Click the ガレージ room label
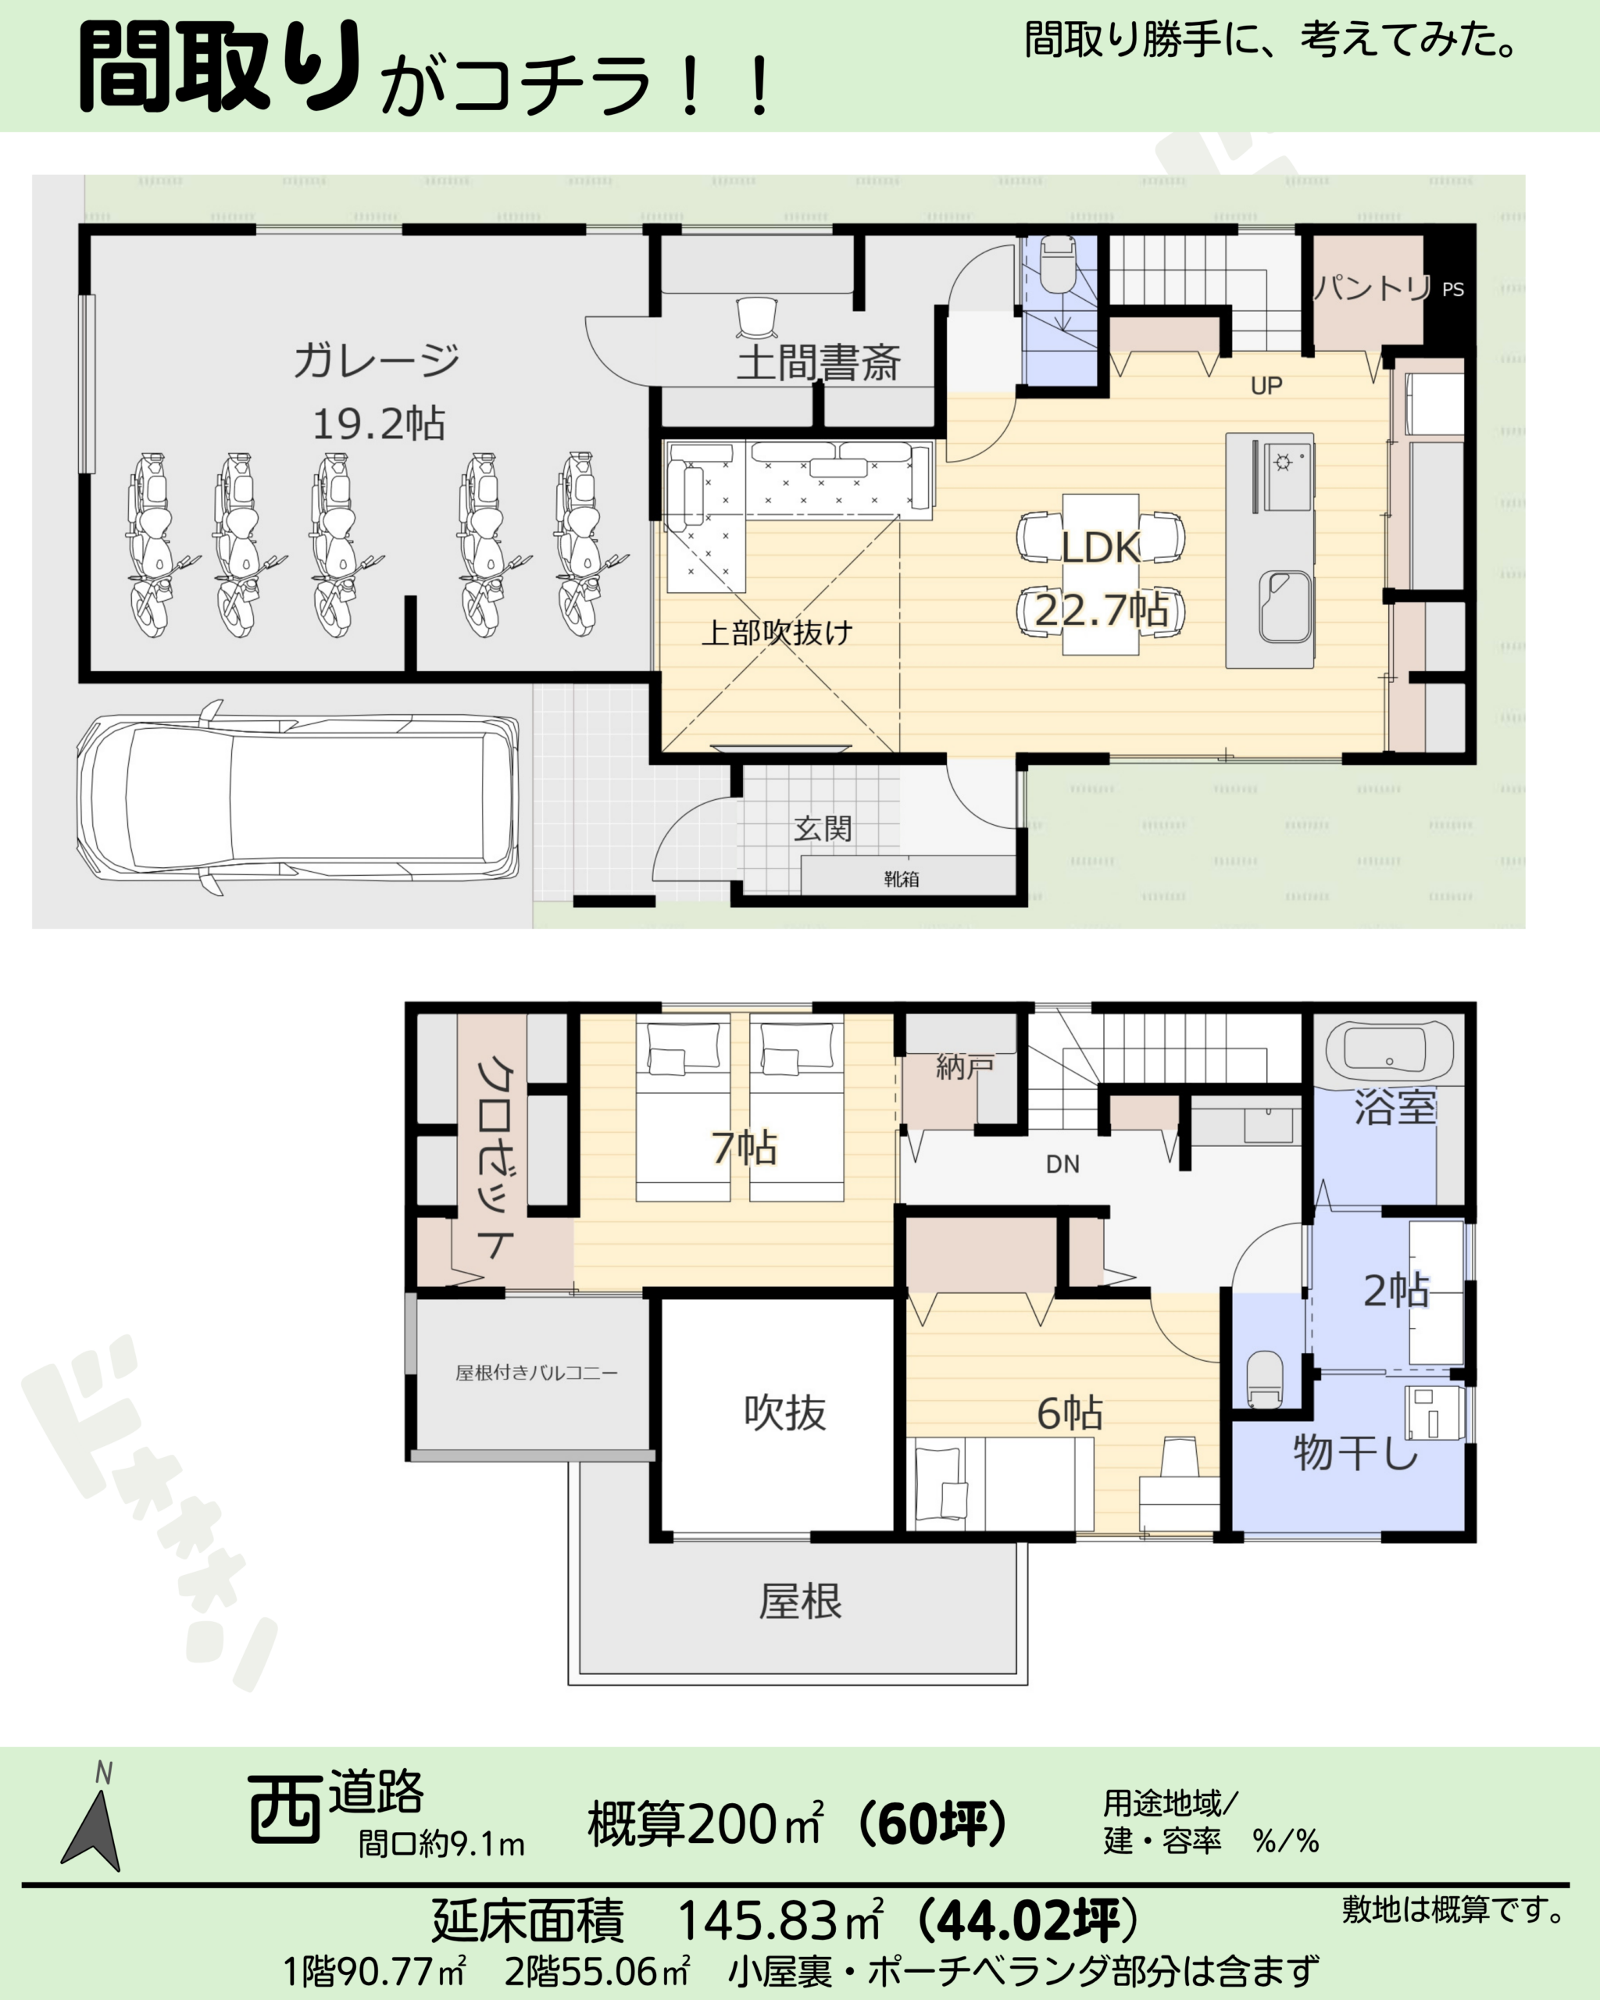coord(377,360)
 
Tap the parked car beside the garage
coord(298,798)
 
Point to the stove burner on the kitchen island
coord(1284,461)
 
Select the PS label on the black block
coord(1453,289)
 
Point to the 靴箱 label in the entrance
coord(901,878)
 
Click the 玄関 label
coord(823,828)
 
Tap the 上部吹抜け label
coord(777,633)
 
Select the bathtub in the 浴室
coord(1388,1052)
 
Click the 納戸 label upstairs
coord(965,1068)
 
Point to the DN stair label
coord(1063,1164)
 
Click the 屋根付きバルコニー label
coord(536,1373)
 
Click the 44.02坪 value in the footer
coord(1029,1920)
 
